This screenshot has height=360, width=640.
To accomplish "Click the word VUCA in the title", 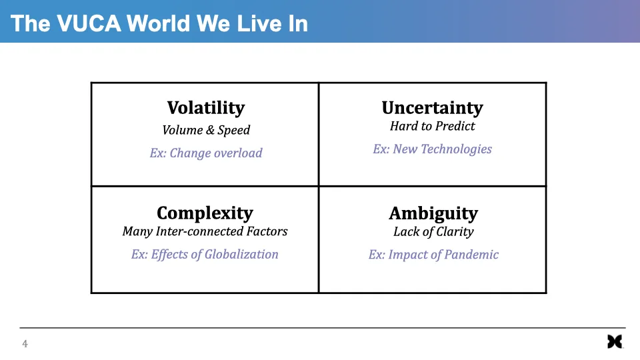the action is tap(89, 23).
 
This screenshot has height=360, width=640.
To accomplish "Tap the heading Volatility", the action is tap(206, 108).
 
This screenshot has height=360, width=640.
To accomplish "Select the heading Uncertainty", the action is tap(433, 108).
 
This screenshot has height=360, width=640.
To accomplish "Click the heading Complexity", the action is tap(205, 214).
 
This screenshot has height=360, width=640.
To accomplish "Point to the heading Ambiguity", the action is tap(433, 214).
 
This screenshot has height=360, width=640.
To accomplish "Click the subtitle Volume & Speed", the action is tap(206, 130).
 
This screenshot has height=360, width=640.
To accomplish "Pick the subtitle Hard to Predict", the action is tap(433, 126).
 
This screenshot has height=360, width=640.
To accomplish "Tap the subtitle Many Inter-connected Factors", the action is tap(205, 231).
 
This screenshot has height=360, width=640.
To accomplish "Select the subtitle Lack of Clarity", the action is tap(433, 232).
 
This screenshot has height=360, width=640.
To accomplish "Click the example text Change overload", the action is tap(216, 153).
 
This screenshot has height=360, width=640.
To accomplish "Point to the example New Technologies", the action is tap(443, 149).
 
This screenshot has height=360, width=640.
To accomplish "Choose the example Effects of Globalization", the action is tap(215, 255).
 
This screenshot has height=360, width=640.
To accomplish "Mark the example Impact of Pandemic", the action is tap(443, 255).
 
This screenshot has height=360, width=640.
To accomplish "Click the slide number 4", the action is tap(25, 344).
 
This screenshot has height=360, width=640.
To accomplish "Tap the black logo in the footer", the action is tap(615, 341).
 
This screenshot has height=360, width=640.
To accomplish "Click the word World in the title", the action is tap(159, 23).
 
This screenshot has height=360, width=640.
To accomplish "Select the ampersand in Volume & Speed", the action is tap(210, 130).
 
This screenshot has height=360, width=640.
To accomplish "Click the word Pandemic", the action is tap(471, 255).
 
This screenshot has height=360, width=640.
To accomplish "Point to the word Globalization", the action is tap(241, 254).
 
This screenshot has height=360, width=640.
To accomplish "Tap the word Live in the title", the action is tap(257, 23).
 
